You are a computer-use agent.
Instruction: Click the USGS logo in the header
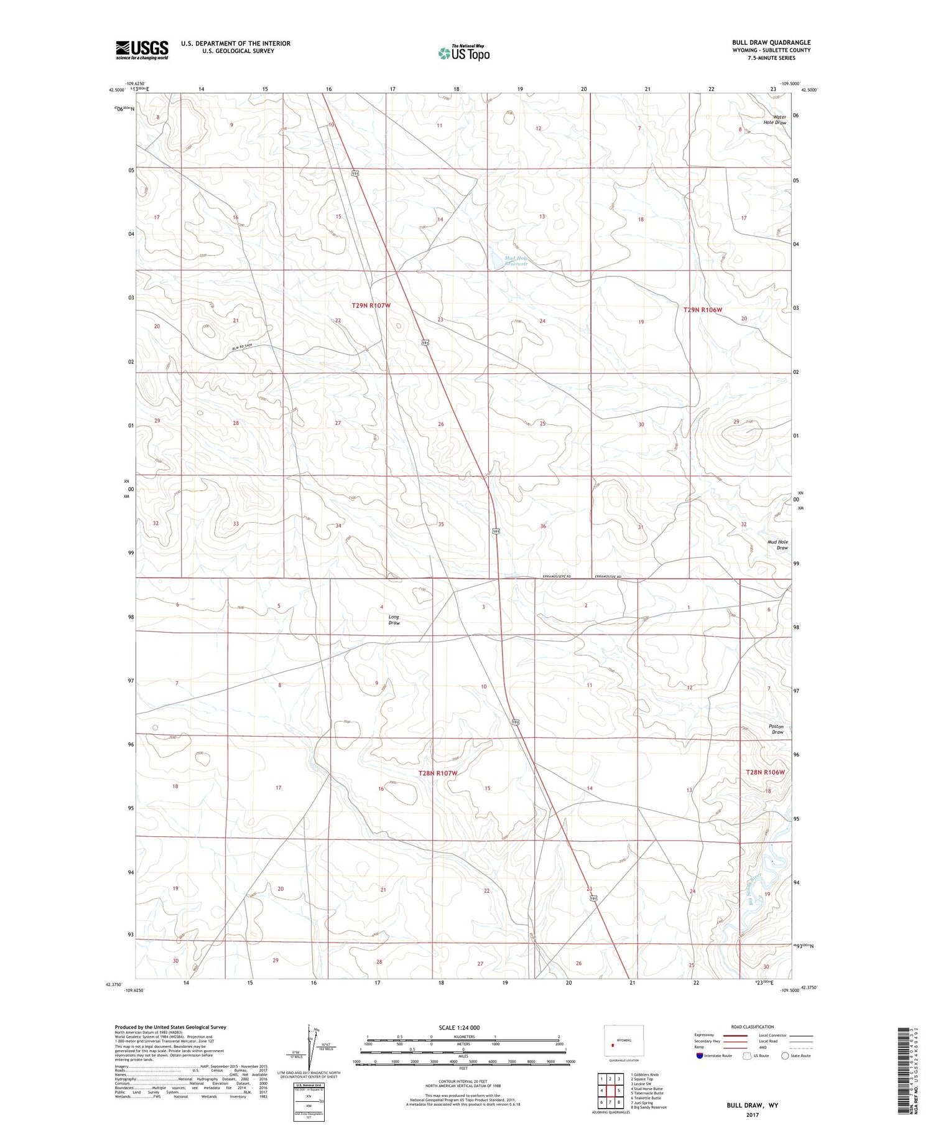click(142, 50)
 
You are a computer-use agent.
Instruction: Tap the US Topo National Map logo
click(463, 53)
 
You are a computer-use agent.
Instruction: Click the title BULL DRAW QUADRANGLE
click(771, 42)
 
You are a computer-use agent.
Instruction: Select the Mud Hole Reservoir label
click(516, 261)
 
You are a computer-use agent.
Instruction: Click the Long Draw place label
click(394, 620)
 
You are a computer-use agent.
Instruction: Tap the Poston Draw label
click(777, 729)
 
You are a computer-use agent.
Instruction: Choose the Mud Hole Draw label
click(777, 545)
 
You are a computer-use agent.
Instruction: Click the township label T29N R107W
click(371, 305)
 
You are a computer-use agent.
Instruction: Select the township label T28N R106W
click(766, 772)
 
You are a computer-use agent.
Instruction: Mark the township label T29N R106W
click(703, 309)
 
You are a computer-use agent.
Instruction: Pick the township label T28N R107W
click(437, 773)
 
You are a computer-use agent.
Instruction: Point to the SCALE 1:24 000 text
click(459, 1027)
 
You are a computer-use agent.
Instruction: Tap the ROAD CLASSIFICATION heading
click(753, 1027)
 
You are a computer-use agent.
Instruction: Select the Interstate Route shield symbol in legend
click(700, 1056)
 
